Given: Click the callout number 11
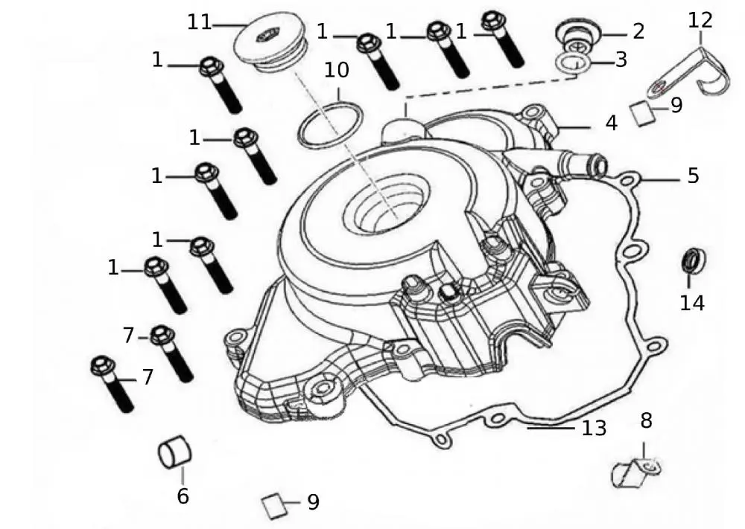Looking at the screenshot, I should (x=200, y=22).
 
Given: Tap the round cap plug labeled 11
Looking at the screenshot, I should (x=269, y=41).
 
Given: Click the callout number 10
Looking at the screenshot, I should (x=337, y=71).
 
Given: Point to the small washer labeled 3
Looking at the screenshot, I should (x=574, y=64).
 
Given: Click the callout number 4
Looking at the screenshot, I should (x=612, y=123).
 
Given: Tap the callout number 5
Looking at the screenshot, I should (x=693, y=176).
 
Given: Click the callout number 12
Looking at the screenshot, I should (x=700, y=20).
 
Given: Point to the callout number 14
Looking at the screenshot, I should (x=691, y=303).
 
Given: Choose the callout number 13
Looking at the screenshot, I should (x=595, y=428).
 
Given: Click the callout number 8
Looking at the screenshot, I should (x=646, y=420).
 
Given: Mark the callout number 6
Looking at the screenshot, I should (x=183, y=496).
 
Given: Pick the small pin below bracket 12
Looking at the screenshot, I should (x=642, y=114).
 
